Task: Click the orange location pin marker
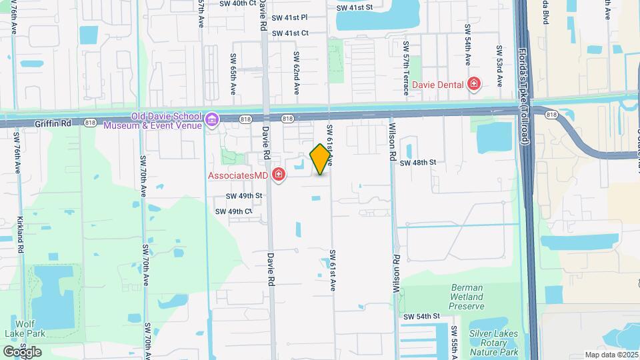pyautogui.click(x=321, y=159)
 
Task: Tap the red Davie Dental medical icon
pyautogui.click(x=474, y=84)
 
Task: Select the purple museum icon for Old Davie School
pyautogui.click(x=212, y=120)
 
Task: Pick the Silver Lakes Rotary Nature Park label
pyautogui.click(x=485, y=342)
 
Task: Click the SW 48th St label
pyautogui.click(x=418, y=162)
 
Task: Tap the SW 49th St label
pyautogui.click(x=244, y=196)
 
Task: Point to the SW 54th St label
pyautogui.click(x=422, y=316)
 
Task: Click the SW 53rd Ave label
pyautogui.click(x=499, y=66)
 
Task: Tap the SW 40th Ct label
pyautogui.click(x=238, y=3)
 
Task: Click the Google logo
pyautogui.click(x=22, y=351)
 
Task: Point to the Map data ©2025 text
pyautogui.click(x=611, y=355)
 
